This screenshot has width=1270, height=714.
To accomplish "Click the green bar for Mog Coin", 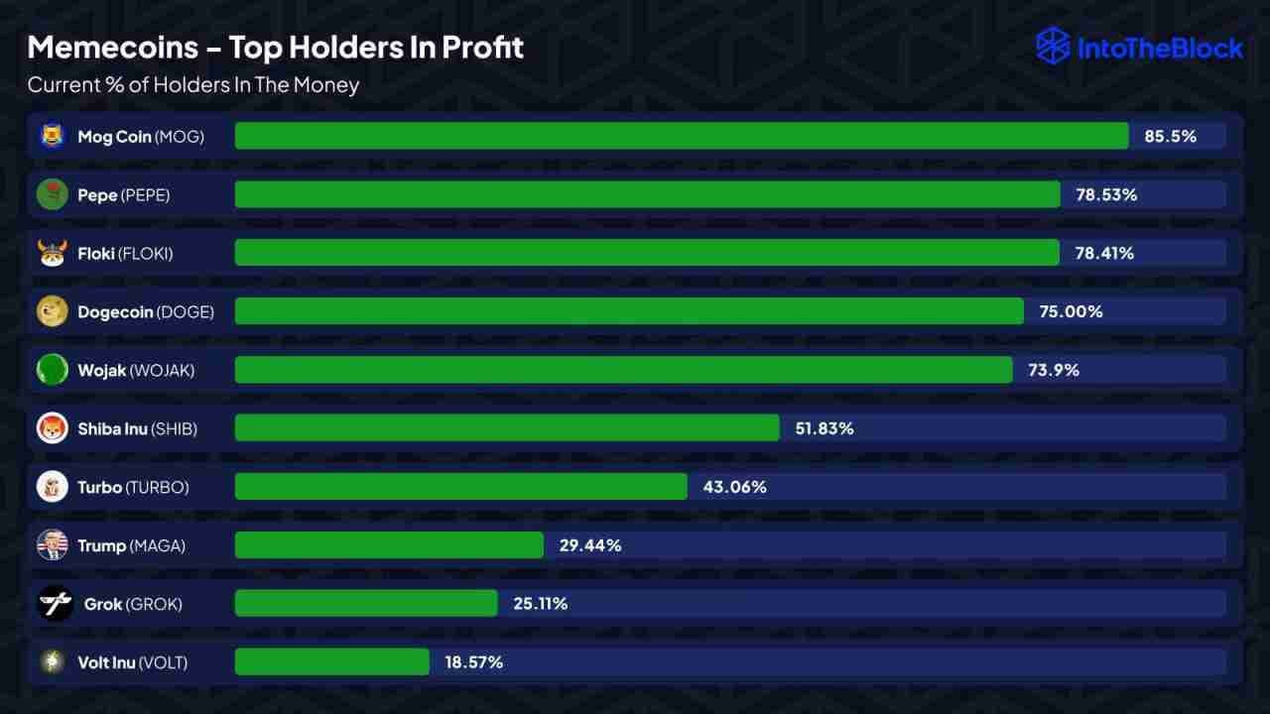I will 682,136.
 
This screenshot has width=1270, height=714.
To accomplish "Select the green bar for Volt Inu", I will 332,661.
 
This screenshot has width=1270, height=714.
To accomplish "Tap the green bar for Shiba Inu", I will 507,428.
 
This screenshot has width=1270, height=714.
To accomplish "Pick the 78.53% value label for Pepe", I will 1106,195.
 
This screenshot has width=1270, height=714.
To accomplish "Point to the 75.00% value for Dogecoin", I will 1071,311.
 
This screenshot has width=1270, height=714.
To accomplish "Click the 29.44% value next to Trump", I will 590,545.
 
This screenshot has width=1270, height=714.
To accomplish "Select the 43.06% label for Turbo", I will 734,487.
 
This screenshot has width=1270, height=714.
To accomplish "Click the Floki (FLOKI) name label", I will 125,254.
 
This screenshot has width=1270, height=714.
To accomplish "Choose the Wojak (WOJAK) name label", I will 136,370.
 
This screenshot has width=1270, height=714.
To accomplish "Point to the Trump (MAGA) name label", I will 131,545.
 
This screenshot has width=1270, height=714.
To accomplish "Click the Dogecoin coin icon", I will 52,311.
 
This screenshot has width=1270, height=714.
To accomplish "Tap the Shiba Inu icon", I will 52,428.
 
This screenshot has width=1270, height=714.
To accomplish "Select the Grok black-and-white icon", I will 54,603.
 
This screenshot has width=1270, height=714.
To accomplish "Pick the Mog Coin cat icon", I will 52,136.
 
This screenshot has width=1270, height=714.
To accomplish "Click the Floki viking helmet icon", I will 52,253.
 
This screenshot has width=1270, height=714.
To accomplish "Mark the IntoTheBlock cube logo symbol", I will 1053,47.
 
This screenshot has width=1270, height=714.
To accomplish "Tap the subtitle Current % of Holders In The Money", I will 193,85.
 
